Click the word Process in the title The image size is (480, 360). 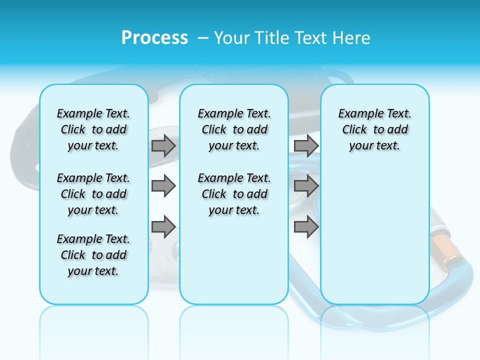click(154, 38)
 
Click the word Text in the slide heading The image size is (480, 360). click(311, 38)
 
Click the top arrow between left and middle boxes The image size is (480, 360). click(163, 146)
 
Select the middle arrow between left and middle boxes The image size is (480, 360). click(163, 186)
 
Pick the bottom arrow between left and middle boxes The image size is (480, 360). click(163, 227)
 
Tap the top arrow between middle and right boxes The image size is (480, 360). click(306, 146)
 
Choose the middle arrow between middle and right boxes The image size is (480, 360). click(306, 186)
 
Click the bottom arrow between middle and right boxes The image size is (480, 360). click(306, 227)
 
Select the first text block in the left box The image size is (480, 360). click(93, 129)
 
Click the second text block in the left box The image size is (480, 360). click(93, 194)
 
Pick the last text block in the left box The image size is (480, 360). click(93, 255)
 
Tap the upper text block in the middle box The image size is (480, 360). click(234, 129)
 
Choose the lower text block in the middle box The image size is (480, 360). click(234, 194)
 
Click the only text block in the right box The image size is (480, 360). click(374, 129)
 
